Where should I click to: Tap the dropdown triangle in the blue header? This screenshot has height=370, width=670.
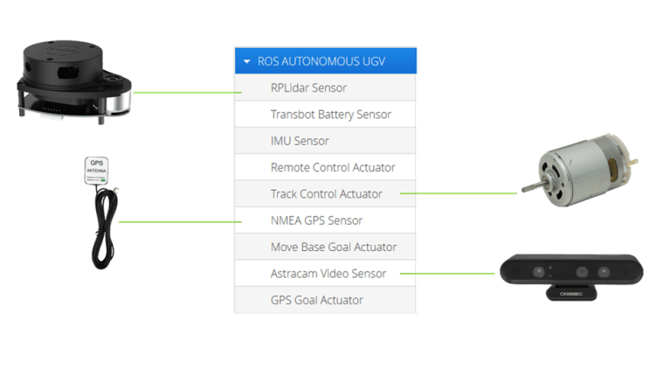(x=247, y=62)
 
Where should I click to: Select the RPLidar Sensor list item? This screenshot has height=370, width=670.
(x=308, y=87)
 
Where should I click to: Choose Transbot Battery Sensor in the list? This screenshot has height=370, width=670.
(x=330, y=114)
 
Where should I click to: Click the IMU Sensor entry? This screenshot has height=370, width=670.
(x=300, y=140)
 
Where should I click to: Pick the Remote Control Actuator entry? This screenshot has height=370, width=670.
(x=333, y=167)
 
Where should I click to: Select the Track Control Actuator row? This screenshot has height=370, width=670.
(x=327, y=193)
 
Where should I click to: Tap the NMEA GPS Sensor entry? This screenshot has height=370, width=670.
(x=316, y=220)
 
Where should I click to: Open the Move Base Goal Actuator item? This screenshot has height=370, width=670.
(x=334, y=247)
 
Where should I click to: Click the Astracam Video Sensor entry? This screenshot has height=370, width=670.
(x=328, y=274)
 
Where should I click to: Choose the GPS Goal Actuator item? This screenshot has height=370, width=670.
(x=316, y=300)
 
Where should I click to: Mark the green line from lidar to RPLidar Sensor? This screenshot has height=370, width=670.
(x=183, y=91)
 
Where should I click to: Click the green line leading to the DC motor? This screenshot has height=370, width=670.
(x=463, y=193)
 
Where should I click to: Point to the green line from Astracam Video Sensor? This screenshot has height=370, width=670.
(x=450, y=274)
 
